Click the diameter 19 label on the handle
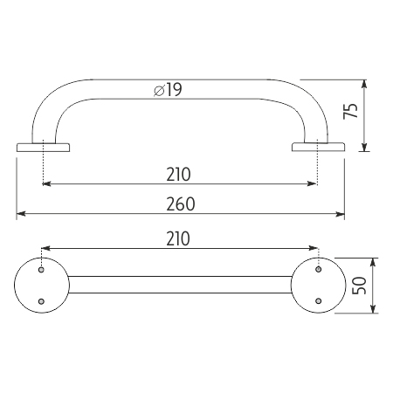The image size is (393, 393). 168,90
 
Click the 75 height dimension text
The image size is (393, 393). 350,111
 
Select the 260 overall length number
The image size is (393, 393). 181,204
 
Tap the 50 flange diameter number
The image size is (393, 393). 359,286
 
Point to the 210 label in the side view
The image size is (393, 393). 178,175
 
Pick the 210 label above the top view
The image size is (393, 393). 178,238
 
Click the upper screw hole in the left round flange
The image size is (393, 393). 41,270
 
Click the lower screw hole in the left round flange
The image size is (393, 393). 41,301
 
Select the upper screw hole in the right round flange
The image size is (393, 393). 319,269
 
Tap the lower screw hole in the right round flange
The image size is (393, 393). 319,300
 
